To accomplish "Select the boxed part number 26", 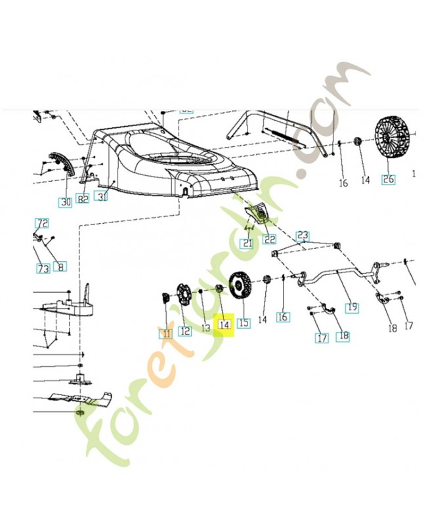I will point(389,179).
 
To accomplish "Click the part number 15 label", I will point(244,323).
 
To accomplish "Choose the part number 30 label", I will point(65,202).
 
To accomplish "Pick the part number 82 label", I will point(83,199).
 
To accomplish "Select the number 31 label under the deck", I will point(102,195).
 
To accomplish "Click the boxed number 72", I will point(42,223).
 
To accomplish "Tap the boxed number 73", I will point(42,268).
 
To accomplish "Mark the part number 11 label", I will point(165,333).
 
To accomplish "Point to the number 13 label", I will point(205,327).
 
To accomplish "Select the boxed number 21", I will point(247,243).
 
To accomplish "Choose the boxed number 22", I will point(270,240).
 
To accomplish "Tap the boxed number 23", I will point(302,234).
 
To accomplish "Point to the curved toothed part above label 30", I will point(60,161).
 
